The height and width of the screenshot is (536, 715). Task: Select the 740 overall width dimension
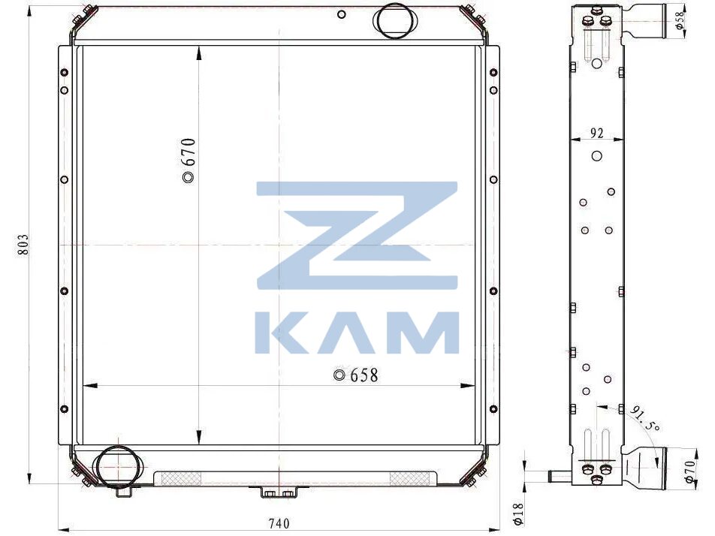pyautogui.click(x=279, y=523)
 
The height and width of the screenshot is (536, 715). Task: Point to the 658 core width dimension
pyautogui.click(x=356, y=375)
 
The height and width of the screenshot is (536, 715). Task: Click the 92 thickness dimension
pyautogui.click(x=597, y=133)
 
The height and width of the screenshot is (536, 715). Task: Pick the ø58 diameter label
pyautogui.click(x=680, y=21)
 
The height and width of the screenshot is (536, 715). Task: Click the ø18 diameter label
pyautogui.click(x=517, y=513)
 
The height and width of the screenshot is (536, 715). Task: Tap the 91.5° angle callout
pyautogui.click(x=644, y=418)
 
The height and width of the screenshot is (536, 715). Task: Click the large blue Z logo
pyautogui.click(x=357, y=236)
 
